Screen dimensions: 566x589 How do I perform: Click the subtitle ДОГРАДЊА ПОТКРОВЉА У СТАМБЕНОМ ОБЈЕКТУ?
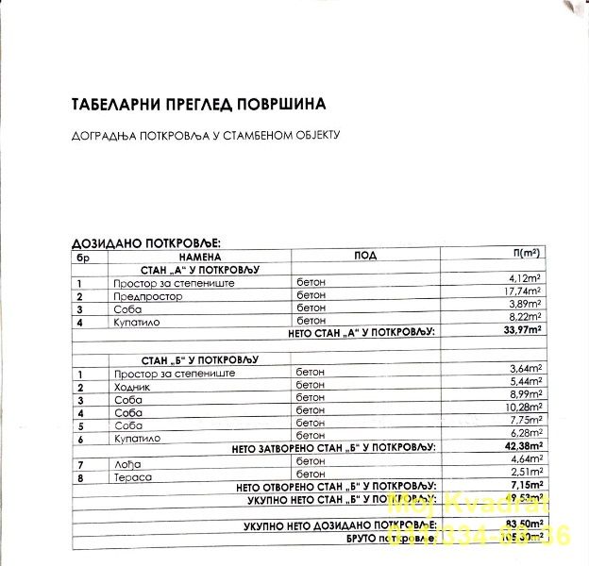point(206,135)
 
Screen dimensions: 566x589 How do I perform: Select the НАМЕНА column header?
point(198,256)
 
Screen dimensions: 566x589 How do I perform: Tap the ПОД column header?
point(365,256)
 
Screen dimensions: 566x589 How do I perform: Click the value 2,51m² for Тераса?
point(524,473)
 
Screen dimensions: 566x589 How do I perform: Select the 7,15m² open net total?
point(524,485)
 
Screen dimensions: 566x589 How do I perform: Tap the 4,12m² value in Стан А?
point(524,280)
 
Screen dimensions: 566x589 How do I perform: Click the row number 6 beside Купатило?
point(81,439)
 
